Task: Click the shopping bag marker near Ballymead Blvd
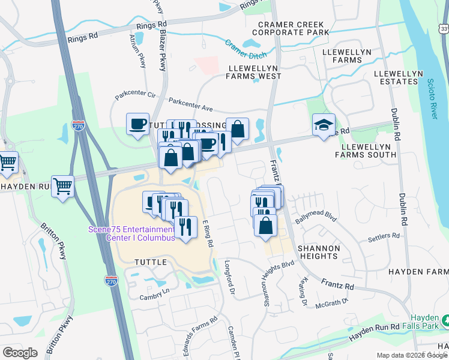[x=265, y=226]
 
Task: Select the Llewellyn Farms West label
[x=253, y=72]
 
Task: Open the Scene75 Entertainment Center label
[x=131, y=233]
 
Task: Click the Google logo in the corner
[x=20, y=353]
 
